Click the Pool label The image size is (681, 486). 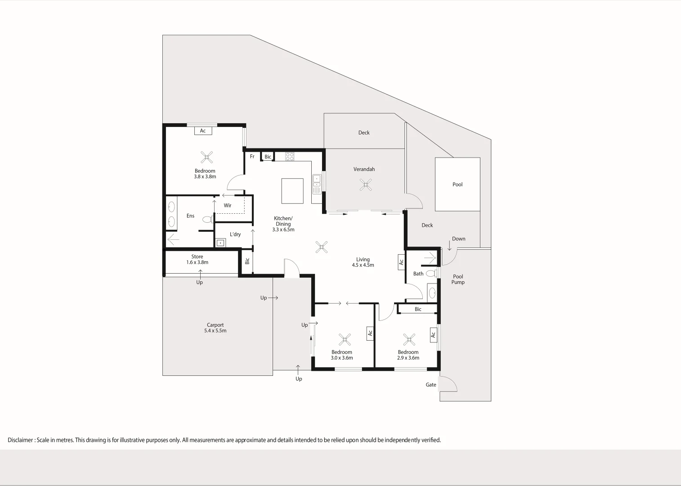coord(457,184)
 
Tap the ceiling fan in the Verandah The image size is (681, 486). coord(366,184)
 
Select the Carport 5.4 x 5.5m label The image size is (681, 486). coord(215,328)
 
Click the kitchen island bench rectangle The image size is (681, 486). coord(292,191)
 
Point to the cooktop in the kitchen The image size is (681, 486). coord(290,157)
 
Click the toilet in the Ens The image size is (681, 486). coord(208,220)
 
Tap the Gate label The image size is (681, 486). coord(431,385)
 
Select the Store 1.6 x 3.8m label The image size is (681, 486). coord(197,260)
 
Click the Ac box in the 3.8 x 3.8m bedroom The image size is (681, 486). coord(203,131)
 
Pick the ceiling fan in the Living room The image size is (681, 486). coord(321,247)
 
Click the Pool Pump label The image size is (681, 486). coord(458,279)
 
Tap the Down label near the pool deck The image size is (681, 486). coord(458,239)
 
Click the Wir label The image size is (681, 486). coord(228,206)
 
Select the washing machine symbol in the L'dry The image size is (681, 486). coord(220,243)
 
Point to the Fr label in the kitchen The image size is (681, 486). coord(252,157)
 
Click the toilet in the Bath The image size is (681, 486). coord(431,273)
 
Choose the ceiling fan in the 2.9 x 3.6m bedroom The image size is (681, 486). coord(409,339)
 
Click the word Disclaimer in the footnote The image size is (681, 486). coord(20,440)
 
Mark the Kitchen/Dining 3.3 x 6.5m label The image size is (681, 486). coord(283,224)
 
